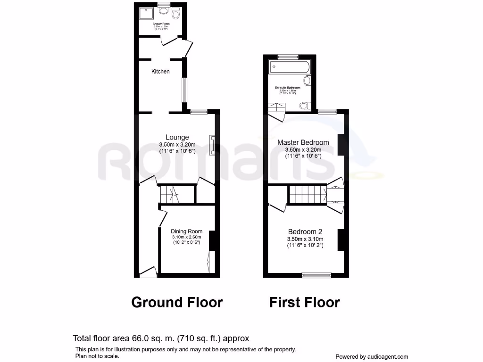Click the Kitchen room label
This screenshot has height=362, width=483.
160,72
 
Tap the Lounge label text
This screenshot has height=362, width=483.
177,138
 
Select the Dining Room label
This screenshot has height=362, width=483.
187,231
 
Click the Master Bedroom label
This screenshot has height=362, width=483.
303,142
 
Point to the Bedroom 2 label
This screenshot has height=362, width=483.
305,232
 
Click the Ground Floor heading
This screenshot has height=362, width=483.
177,302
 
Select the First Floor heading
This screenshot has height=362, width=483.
304,302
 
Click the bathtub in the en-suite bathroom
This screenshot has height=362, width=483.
289,67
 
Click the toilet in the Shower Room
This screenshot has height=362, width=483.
176,15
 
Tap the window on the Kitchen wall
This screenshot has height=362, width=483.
185,90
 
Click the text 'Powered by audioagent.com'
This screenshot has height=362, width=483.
372,357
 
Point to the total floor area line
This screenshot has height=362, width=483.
161,338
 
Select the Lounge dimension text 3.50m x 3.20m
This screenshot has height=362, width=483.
177,145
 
